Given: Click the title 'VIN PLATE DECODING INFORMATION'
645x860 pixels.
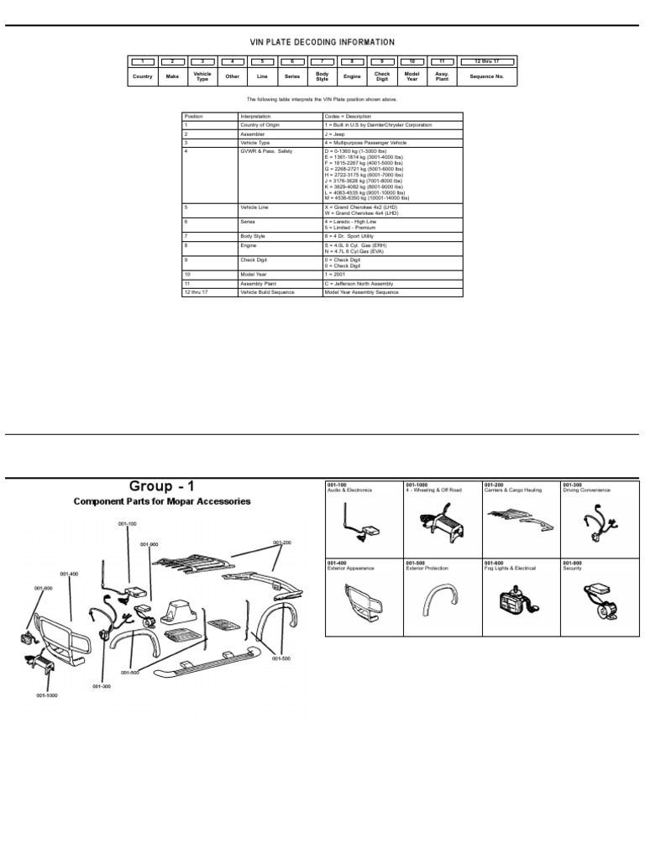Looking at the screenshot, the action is tap(322, 42).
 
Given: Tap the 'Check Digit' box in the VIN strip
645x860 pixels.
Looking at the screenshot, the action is tap(382, 76).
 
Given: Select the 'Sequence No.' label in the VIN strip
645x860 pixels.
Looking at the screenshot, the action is tap(486, 76).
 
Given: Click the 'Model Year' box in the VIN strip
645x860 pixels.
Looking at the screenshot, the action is tap(412, 76).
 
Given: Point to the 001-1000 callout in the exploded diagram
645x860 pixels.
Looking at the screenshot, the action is tap(46, 696).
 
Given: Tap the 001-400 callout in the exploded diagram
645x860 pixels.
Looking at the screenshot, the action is tap(69, 574).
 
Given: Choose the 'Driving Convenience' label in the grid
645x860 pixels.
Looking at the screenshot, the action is tap(587, 490).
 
